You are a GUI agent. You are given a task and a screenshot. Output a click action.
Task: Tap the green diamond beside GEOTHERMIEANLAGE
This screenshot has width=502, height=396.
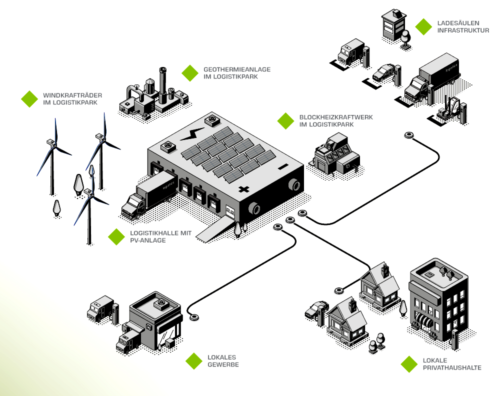click(x=190, y=73)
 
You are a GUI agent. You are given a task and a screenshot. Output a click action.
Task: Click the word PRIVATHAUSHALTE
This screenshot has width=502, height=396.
click(x=452, y=367)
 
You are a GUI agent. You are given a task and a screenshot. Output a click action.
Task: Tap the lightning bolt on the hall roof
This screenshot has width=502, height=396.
click(x=189, y=134)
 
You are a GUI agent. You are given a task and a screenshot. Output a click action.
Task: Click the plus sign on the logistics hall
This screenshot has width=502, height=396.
click(x=244, y=189)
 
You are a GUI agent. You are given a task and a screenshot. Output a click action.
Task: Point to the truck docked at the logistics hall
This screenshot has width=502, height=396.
click(x=147, y=195)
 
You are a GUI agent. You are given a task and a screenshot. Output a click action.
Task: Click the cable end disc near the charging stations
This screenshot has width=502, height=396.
click(x=409, y=135)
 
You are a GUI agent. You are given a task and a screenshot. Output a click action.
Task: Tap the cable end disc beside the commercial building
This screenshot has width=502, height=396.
click(x=194, y=316)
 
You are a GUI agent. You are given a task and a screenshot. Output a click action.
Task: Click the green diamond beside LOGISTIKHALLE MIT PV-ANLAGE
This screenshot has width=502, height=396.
click(x=116, y=236)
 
